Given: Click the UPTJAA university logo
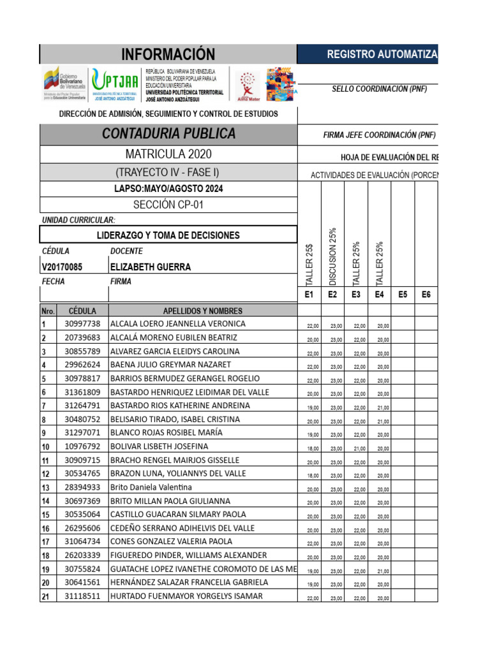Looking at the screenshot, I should click(115, 85).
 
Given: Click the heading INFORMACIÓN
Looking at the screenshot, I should click(169, 54).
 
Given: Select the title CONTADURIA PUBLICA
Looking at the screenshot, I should click(169, 134).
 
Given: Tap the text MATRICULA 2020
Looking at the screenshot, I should click(168, 154).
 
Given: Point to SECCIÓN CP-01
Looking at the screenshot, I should click(168, 205).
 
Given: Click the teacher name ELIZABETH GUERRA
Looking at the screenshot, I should click(151, 267).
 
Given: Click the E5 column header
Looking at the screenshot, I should click(403, 294).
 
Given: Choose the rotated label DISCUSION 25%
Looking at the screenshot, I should click(332, 256).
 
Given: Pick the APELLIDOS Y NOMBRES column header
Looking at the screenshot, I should click(203, 311).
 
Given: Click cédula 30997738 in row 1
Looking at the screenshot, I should click(82, 324).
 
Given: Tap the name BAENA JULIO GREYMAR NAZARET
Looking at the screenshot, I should click(171, 365).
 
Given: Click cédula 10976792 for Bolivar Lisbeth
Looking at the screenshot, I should click(82, 446).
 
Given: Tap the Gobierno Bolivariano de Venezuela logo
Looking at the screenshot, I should click(64, 85).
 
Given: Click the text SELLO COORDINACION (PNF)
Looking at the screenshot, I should click(379, 89).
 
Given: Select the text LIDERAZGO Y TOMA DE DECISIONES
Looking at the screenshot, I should click(168, 235).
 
